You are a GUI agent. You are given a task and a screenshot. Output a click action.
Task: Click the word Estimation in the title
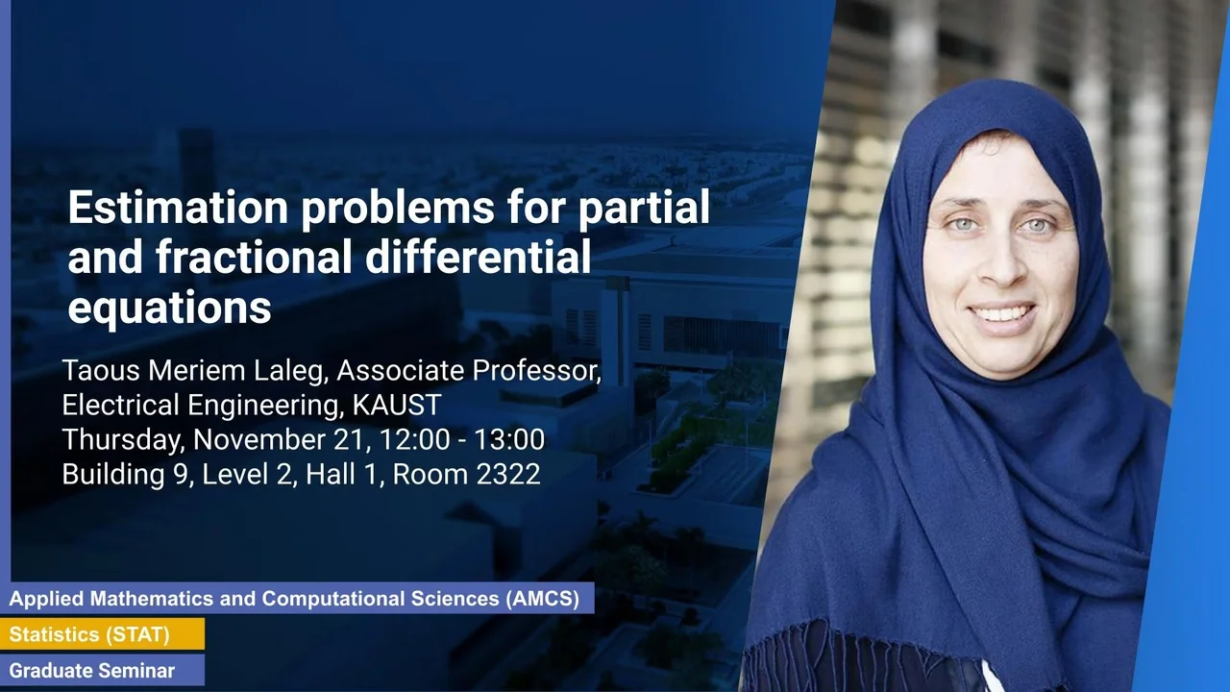point(178,207)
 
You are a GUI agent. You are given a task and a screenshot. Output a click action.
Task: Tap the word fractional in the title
point(254,257)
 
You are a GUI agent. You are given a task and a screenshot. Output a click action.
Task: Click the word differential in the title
point(479,257)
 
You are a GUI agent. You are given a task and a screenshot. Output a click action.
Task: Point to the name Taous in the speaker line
point(101,371)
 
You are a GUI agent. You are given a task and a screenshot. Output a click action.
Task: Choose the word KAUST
point(397,406)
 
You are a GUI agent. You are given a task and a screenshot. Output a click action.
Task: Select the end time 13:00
point(510,440)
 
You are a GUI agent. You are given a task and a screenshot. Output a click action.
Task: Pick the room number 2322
point(508,474)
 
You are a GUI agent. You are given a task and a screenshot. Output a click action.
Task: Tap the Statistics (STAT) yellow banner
point(102,633)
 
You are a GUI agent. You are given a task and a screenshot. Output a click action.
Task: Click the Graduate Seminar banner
point(102,670)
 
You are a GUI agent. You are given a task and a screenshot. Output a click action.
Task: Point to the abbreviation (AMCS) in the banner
point(543,598)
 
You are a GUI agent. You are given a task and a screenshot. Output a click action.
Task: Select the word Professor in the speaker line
point(537,371)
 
